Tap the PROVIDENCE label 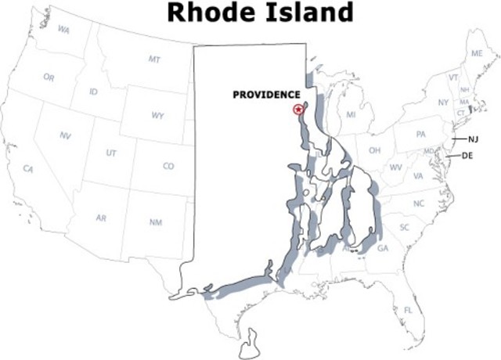[266, 95]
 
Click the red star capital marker [297, 110]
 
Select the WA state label [63, 30]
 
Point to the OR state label [49, 77]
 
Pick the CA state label [29, 169]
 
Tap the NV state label [65, 135]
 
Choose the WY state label [157, 116]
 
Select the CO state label [168, 166]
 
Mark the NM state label [156, 223]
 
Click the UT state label [111, 153]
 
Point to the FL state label [408, 311]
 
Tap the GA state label [382, 248]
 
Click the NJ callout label [473, 139]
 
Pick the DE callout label [467, 156]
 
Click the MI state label [351, 115]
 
